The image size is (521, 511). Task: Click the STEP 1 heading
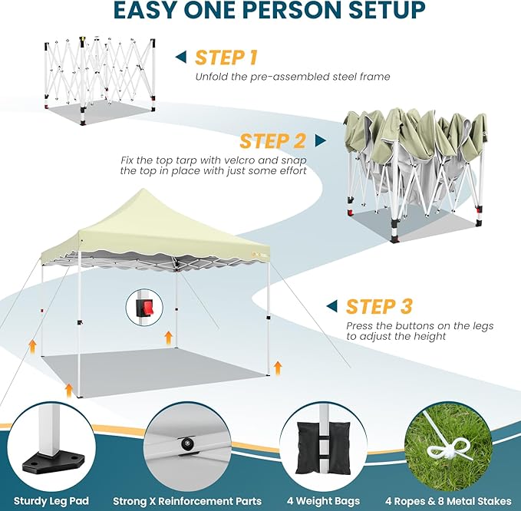[x=226, y=58]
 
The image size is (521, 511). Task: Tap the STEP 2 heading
[x=272, y=141]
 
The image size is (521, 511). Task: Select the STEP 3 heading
[x=379, y=306]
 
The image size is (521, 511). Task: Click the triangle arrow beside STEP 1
[x=181, y=57]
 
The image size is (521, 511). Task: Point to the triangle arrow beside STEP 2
[x=320, y=140]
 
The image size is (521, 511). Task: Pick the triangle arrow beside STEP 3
[x=331, y=306]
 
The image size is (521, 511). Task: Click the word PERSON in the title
[x=271, y=10]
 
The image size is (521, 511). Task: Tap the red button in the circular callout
[x=147, y=307]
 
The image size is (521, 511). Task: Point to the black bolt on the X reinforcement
[x=186, y=443]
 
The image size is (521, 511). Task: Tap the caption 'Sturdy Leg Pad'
[x=51, y=501]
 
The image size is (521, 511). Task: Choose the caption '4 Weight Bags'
[x=323, y=501]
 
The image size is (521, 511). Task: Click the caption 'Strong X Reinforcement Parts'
[x=187, y=501]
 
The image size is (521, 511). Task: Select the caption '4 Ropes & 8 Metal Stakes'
[x=448, y=501]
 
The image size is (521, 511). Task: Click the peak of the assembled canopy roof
[x=143, y=189]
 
